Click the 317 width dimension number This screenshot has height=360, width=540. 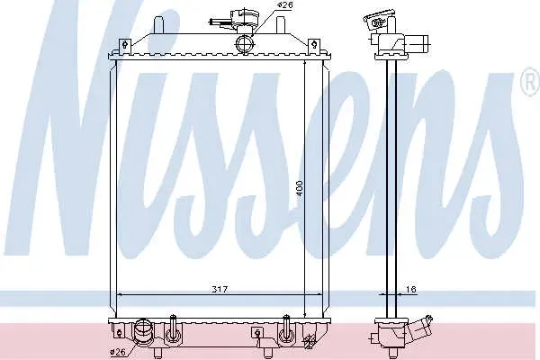(220, 290)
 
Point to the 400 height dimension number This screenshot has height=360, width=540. (300, 188)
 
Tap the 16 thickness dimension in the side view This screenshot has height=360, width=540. (411, 290)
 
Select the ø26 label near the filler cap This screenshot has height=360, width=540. (285, 5)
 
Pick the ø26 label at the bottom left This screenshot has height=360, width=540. (117, 352)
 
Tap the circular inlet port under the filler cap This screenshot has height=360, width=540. (245, 44)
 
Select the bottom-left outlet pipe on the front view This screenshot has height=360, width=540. (142, 334)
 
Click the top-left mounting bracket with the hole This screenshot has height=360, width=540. (125, 45)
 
